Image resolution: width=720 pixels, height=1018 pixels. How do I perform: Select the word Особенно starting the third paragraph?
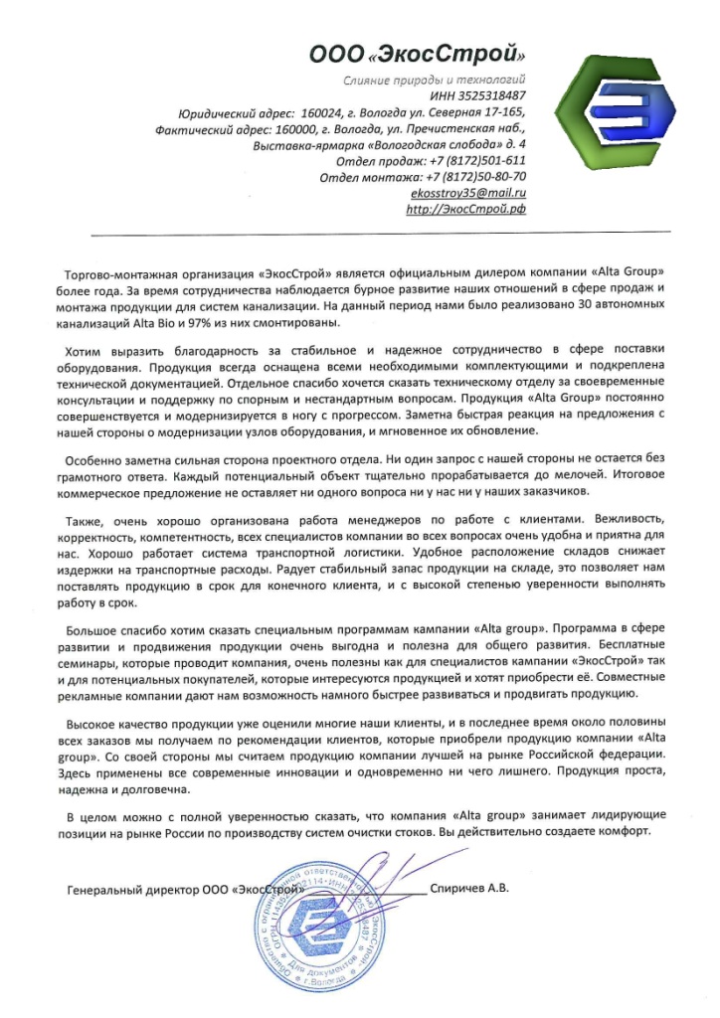point(91,460)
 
